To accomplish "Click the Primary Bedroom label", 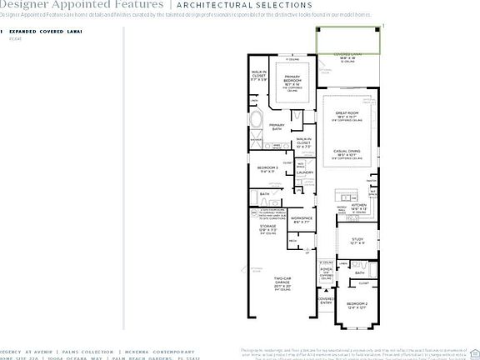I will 292,82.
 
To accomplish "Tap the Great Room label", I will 347,114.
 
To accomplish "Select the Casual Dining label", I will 347,152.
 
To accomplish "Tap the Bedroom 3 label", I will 268,169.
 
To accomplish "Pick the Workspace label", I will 301,220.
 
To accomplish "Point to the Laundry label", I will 304,173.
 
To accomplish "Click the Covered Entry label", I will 327,301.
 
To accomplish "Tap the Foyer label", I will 326,269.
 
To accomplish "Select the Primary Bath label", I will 277,127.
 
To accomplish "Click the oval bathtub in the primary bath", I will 256,115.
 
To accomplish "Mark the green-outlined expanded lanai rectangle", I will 348,38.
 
